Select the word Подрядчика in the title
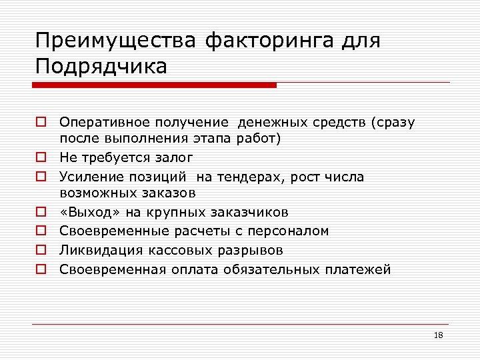(x=101, y=67)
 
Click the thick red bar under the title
(x=155, y=85)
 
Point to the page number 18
(x=438, y=335)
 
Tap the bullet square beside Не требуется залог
(x=41, y=158)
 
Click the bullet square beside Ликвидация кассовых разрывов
(x=41, y=251)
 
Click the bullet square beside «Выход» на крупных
(x=41, y=213)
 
